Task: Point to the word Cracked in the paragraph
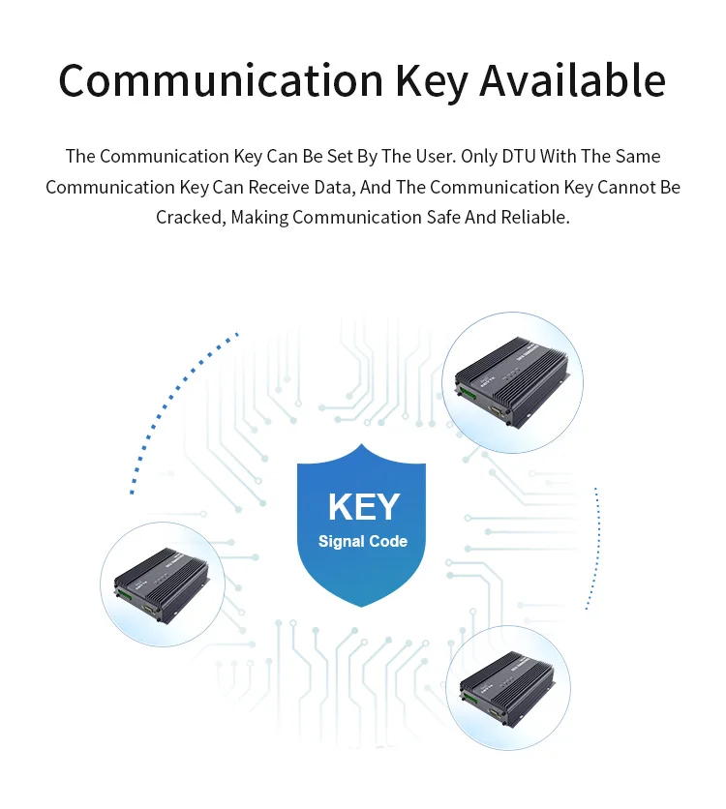pos(190,217)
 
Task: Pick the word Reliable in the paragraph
pos(534,217)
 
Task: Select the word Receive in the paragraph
pos(312,187)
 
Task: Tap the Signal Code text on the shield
pos(363,541)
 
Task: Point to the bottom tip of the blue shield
pos(362,607)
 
